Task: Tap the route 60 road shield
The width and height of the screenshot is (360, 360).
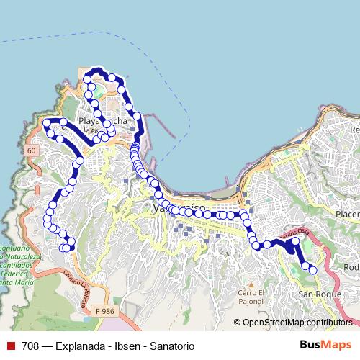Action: coord(30,150)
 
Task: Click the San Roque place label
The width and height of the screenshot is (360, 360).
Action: coord(315,294)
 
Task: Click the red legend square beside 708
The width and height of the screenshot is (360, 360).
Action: coord(11,346)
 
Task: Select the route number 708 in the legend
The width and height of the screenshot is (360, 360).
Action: coord(31,346)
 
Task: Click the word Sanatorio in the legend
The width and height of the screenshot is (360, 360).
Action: coord(171,346)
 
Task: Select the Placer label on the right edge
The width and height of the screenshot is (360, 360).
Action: coord(347,214)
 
